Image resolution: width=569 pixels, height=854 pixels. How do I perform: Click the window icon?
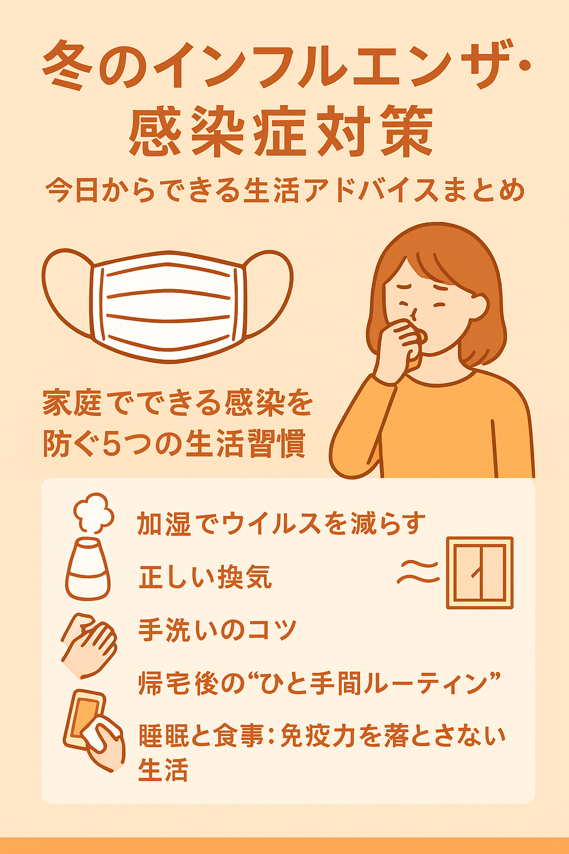(x=480, y=573)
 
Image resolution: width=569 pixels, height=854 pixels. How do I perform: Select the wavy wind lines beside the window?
(x=418, y=572)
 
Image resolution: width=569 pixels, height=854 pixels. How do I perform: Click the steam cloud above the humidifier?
(x=94, y=513)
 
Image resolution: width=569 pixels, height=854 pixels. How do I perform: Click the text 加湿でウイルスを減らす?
(x=281, y=523)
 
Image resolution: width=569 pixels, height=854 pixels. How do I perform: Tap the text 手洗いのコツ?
(x=217, y=630)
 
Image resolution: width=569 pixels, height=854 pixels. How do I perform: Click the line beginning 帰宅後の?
(x=320, y=683)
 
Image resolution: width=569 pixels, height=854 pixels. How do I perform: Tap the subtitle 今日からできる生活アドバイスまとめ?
(x=284, y=190)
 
